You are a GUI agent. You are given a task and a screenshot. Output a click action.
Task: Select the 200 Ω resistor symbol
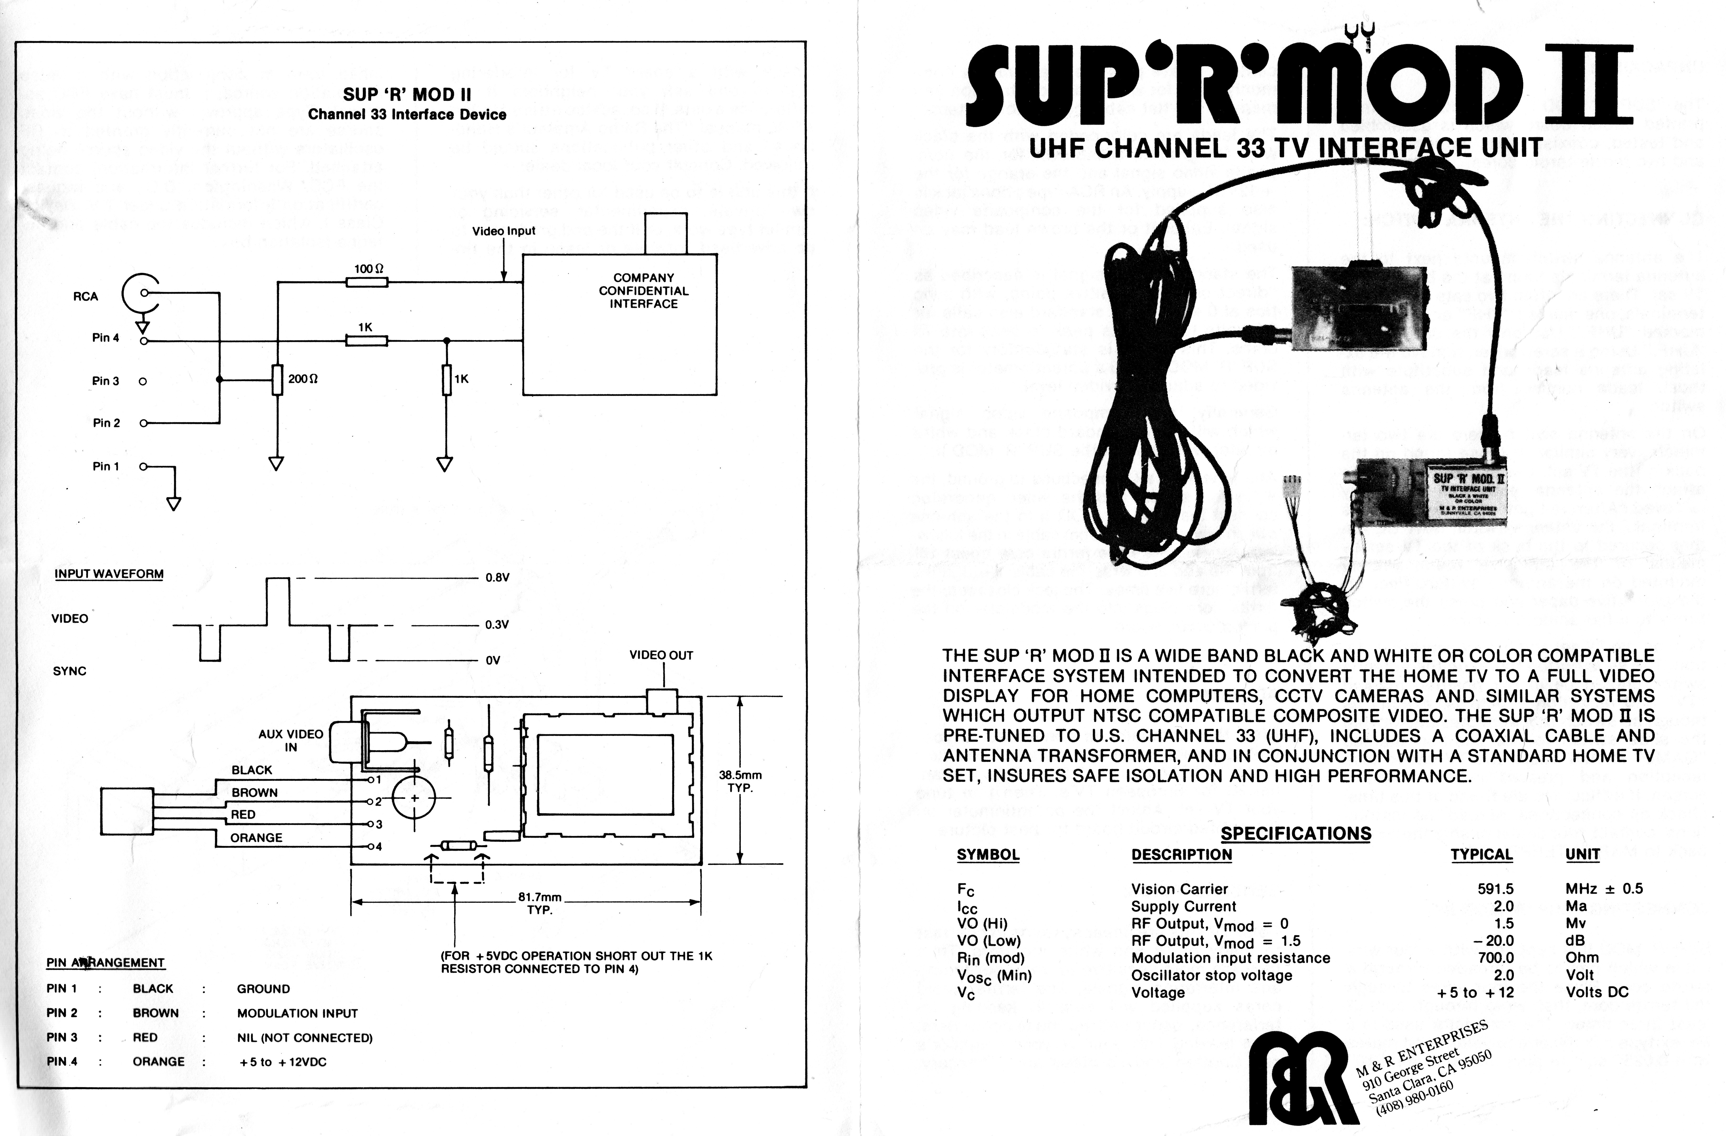277,379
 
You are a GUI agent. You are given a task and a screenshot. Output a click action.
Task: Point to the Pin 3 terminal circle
143,381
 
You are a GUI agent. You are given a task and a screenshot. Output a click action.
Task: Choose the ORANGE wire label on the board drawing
256,837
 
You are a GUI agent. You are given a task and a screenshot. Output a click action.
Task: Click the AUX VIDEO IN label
291,740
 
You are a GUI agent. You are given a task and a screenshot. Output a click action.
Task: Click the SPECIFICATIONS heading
1296,833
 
